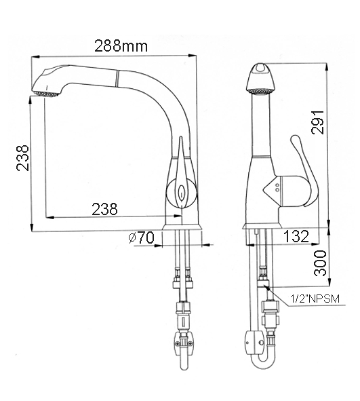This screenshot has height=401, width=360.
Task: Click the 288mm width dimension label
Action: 121,46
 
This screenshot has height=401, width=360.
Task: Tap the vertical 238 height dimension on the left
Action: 22,158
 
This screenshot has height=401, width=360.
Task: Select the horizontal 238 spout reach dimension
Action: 104,209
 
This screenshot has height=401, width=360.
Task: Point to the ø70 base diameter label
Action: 142,237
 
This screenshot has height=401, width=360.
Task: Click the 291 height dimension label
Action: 317,122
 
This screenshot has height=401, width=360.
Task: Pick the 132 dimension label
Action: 296,236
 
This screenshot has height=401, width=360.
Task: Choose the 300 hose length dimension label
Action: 320,263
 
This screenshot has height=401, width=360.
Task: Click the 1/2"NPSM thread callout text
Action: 315,299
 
